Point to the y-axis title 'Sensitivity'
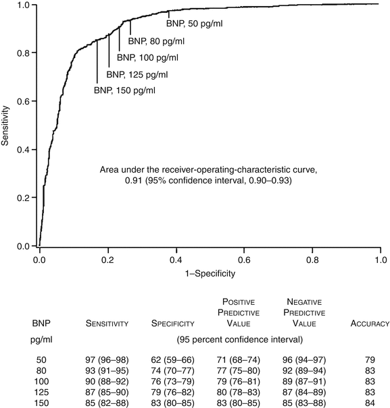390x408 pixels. pos(7,125)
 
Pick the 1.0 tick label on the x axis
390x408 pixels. pos(380,258)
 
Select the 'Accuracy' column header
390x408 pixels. pos(369,324)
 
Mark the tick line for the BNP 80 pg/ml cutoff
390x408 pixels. pos(130,28)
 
